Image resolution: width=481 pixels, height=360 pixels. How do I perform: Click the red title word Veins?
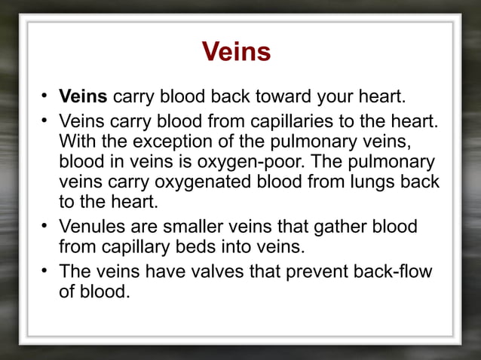click(237, 53)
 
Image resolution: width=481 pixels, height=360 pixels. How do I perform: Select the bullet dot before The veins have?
click(45, 270)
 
